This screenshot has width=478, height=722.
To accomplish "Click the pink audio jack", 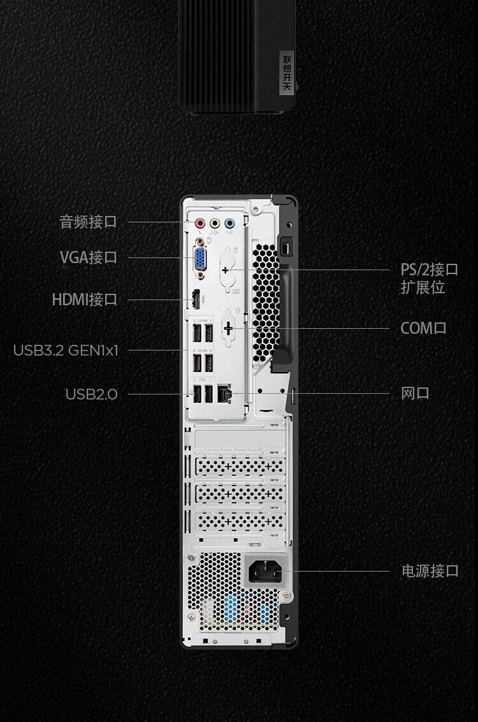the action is (x=200, y=223).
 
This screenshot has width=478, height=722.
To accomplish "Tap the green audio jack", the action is (x=215, y=223).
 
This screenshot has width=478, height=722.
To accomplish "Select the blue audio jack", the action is (x=229, y=223).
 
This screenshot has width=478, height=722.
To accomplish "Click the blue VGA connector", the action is (x=200, y=258).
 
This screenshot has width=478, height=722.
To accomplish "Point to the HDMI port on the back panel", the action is (x=196, y=300).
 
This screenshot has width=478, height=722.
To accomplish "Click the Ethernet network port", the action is (x=225, y=393).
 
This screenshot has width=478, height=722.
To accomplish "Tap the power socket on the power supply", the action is (x=264, y=572).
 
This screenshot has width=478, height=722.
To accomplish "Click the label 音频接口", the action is (x=88, y=222).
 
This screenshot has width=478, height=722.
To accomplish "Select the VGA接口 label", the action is (x=89, y=257).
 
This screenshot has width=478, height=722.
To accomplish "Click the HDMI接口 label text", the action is (x=85, y=300).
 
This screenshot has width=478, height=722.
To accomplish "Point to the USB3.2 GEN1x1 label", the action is (x=66, y=350).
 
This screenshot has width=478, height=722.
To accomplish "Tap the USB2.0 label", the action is (x=91, y=394).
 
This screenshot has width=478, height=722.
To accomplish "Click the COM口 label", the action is (x=423, y=328).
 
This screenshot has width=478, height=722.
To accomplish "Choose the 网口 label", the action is (x=415, y=393).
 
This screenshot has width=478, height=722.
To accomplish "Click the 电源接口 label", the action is (x=430, y=571).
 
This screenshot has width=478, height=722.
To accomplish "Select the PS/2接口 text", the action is (x=429, y=270).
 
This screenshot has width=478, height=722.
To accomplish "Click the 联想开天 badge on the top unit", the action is (x=287, y=73).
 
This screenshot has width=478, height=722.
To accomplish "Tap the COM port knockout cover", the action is (x=228, y=328).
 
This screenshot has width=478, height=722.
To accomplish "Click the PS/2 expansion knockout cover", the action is (x=227, y=270).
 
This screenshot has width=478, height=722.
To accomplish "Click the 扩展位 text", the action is (x=423, y=287).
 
